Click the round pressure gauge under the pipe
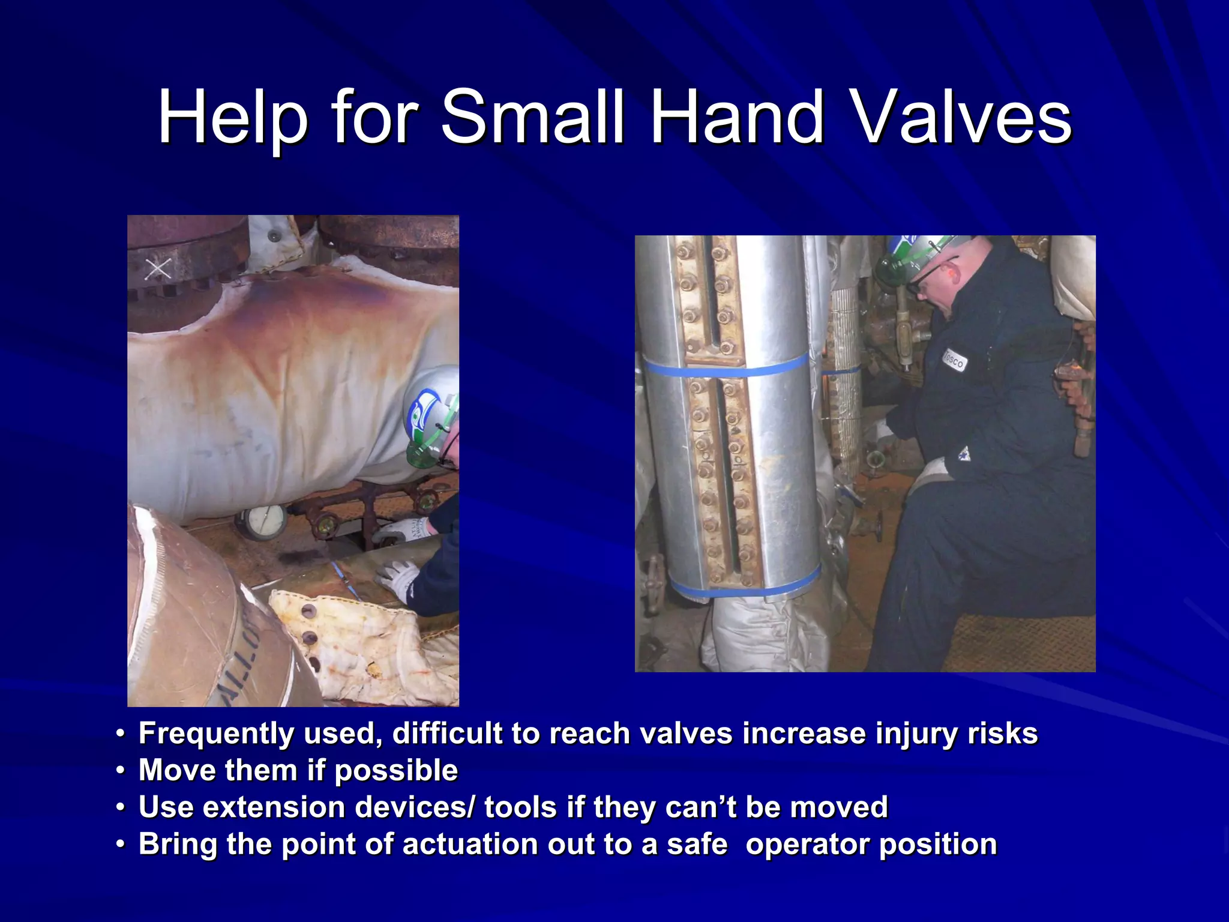click(263, 520)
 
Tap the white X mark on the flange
click(158, 269)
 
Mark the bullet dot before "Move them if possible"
click(121, 770)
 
